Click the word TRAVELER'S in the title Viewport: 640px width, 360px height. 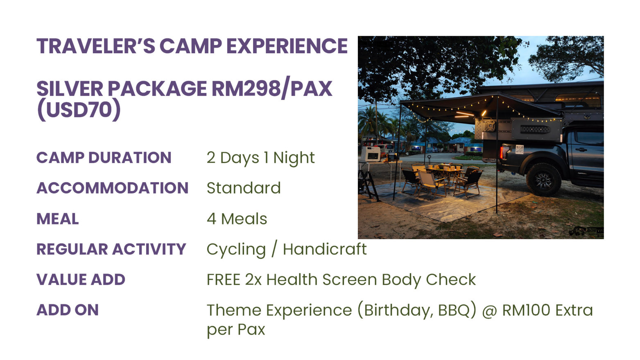(x=96, y=46)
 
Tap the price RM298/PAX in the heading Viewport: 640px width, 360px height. (x=272, y=88)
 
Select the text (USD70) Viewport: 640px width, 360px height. (x=79, y=110)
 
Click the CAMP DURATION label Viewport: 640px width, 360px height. (x=104, y=158)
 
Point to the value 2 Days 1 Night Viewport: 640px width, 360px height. (x=260, y=158)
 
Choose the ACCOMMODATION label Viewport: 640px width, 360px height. (x=112, y=188)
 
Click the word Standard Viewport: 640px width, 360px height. (x=244, y=188)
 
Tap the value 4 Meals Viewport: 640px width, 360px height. (x=237, y=219)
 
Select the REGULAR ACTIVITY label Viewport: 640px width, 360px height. (x=111, y=249)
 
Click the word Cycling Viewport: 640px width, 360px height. (x=236, y=250)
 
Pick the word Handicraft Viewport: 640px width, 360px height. (x=325, y=249)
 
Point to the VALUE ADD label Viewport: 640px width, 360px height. (x=81, y=279)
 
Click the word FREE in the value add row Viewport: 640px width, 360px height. (x=224, y=280)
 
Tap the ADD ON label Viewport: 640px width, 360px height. (x=68, y=310)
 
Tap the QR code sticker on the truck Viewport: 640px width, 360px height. (x=520, y=149)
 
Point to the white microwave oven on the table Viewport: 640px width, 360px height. (x=371, y=154)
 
